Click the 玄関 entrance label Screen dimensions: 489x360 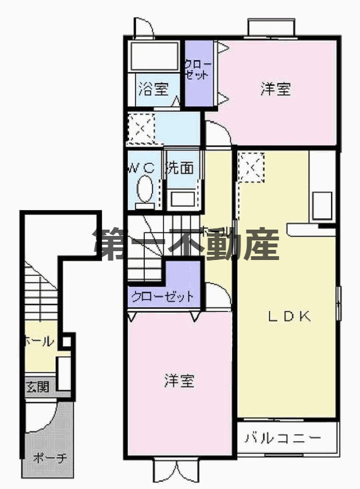(x=37, y=385)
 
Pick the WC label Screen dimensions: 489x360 (x=142, y=168)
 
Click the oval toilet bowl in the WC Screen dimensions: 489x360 (x=145, y=189)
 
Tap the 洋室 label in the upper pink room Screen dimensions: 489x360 (x=275, y=89)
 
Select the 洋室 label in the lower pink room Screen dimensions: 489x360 (x=179, y=381)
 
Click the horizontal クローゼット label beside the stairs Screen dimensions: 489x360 (x=162, y=296)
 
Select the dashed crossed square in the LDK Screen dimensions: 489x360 (x=251, y=168)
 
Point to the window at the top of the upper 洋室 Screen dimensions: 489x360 (x=271, y=28)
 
